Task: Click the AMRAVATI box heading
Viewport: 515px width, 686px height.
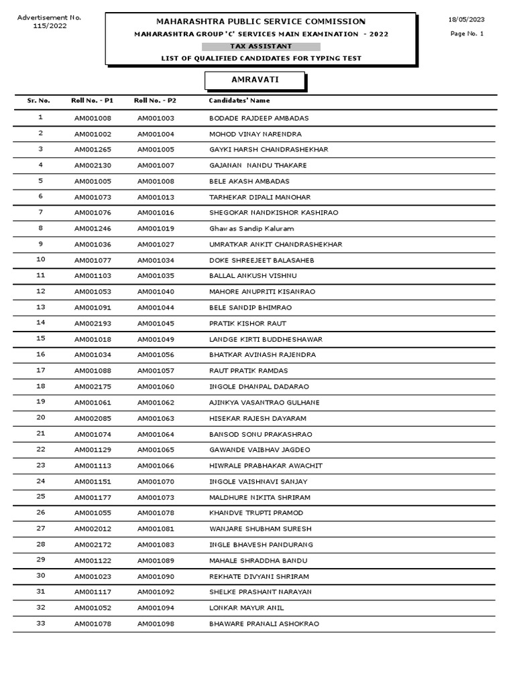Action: (254, 80)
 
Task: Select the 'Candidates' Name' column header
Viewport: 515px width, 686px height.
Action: (239, 100)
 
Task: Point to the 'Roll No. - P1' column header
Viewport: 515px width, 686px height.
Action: (92, 100)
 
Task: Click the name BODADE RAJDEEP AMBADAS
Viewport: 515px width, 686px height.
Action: (259, 119)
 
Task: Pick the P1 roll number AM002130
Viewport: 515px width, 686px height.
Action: (93, 165)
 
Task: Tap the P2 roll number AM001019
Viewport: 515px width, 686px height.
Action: (156, 228)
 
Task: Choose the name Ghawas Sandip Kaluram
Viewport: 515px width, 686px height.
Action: (251, 228)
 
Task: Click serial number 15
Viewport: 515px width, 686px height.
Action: (40, 338)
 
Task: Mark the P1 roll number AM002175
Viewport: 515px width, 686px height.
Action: (93, 387)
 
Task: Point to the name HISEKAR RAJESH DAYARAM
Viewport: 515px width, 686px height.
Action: (257, 419)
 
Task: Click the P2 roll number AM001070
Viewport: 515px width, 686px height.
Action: (156, 482)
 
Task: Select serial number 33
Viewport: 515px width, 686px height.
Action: (40, 623)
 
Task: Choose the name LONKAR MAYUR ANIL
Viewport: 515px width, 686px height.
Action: (246, 608)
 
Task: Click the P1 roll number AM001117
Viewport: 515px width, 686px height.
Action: (93, 592)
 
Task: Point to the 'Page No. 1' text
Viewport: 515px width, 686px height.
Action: (467, 33)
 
